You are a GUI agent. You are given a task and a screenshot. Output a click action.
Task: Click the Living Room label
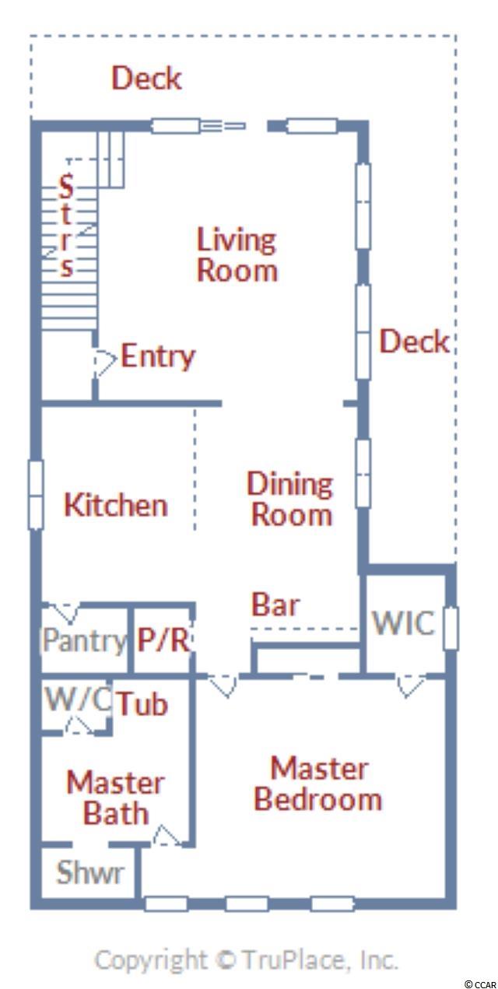[x=237, y=254]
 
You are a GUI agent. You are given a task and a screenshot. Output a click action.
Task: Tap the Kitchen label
[x=116, y=505]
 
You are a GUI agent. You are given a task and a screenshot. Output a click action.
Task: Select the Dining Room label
[x=290, y=499]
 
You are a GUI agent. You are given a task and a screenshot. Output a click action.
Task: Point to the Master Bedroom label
[x=318, y=784]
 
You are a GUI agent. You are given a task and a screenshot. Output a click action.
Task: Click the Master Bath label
[x=116, y=798]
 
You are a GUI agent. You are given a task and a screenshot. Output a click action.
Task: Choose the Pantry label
[x=84, y=640]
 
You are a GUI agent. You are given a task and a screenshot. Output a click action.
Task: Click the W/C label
[x=78, y=699]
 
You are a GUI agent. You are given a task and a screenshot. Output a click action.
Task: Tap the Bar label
[x=275, y=605]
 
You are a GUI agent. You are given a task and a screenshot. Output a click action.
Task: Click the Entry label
[x=158, y=356]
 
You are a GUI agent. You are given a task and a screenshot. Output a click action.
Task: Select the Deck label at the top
[x=146, y=78]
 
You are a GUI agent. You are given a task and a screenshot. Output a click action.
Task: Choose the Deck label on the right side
[x=414, y=342]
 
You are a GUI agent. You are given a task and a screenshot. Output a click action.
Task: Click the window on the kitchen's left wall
[x=36, y=495]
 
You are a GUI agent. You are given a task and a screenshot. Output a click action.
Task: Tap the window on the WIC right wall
[x=451, y=628]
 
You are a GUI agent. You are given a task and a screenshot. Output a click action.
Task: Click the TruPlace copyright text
[x=246, y=960]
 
